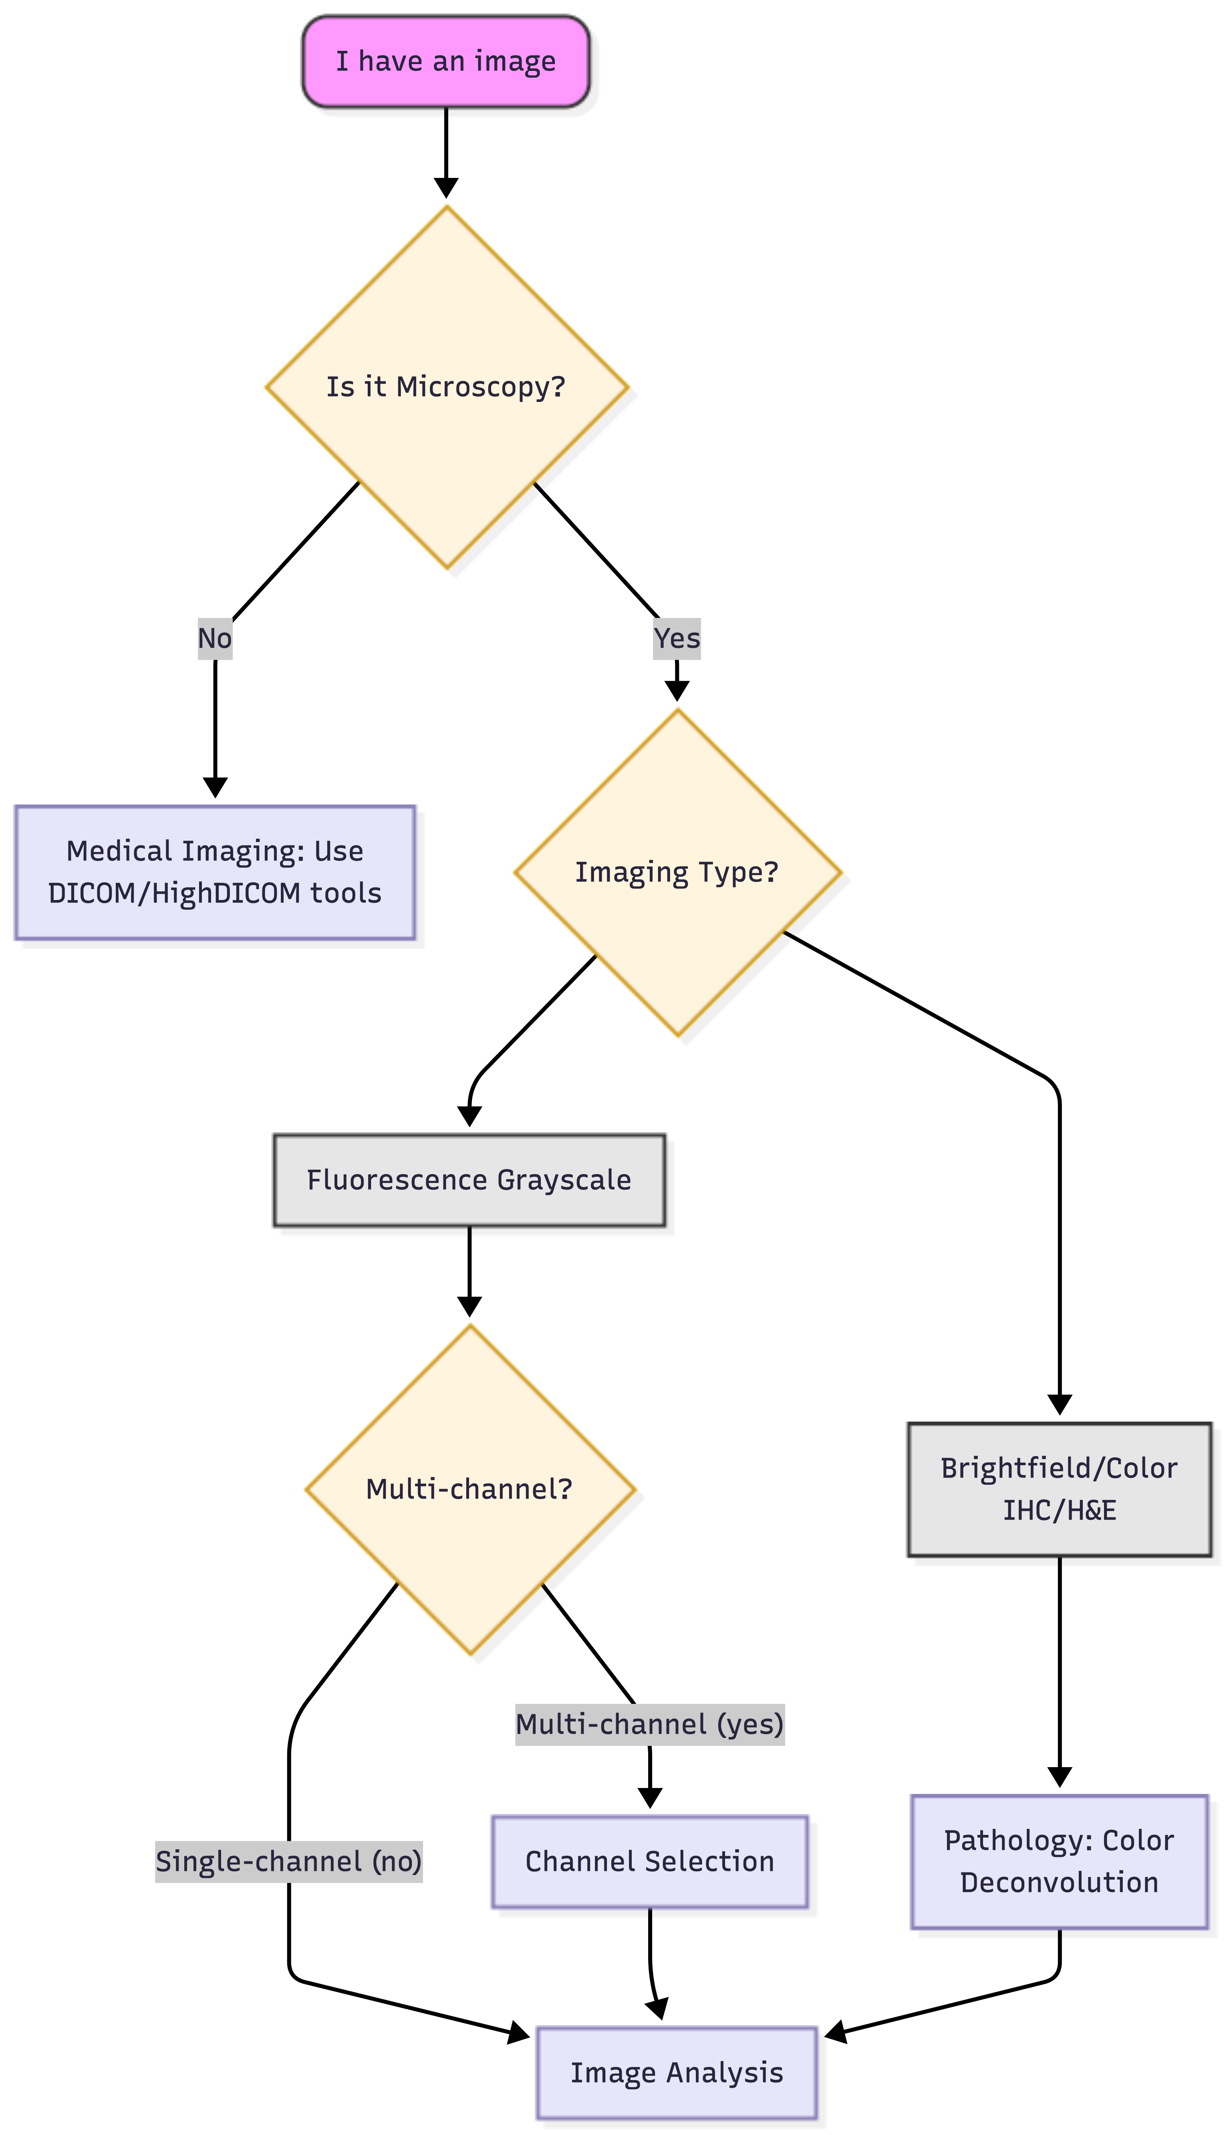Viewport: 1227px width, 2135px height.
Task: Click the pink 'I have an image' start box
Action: [446, 62]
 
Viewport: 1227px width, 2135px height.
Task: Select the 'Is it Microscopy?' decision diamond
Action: [446, 387]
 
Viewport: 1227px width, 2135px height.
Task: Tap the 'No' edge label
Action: [215, 638]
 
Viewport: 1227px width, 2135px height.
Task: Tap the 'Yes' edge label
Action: [677, 638]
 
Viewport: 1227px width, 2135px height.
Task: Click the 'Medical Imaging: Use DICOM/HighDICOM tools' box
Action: [215, 872]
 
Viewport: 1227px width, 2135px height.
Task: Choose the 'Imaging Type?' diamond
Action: [677, 872]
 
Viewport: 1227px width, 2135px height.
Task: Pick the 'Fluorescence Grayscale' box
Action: [469, 1180]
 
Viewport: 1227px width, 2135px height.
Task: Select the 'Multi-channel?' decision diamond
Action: [469, 1489]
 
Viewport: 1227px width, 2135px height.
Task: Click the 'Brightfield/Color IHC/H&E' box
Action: [1059, 1489]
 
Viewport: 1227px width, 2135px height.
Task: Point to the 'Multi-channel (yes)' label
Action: [650, 1725]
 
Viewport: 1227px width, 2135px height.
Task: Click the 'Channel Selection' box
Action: [650, 1861]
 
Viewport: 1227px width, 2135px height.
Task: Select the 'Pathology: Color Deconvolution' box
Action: [1059, 1861]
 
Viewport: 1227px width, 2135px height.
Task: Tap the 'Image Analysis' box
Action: [677, 2072]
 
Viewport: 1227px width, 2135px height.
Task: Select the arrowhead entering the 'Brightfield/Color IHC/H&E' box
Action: [1059, 1404]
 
